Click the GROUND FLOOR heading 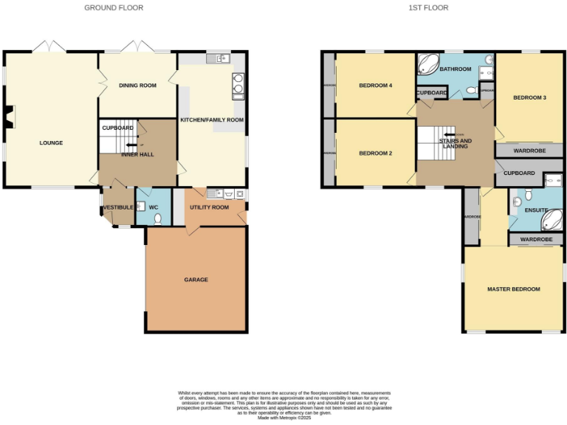pos(114,7)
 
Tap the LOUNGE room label pos(51,142)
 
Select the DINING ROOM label pos(137,86)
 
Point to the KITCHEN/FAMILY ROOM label pos(212,120)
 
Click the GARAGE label pos(196,280)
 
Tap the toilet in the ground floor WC pos(157,218)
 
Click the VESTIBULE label pos(118,208)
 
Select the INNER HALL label pos(137,154)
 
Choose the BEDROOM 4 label pos(375,86)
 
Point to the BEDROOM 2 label pos(375,153)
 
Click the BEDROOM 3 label pos(529,97)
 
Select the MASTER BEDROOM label pos(513,288)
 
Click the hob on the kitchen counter pos(238,86)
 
